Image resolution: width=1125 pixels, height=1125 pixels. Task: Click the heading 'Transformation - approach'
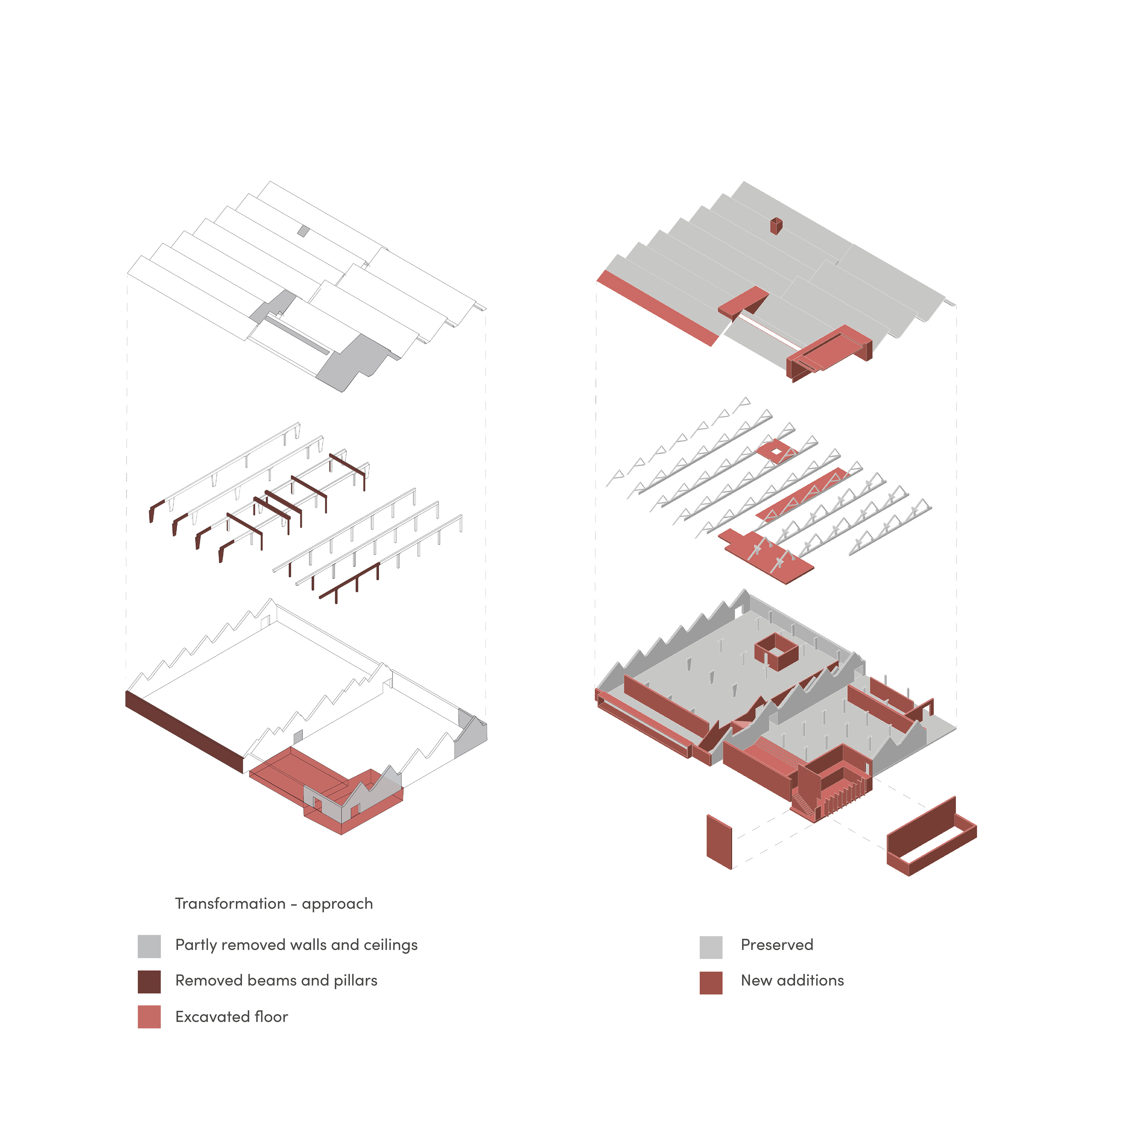pos(274,904)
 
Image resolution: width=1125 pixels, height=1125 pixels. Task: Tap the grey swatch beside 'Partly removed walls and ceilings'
pos(149,946)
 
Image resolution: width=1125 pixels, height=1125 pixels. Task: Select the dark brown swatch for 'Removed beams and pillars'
pos(149,982)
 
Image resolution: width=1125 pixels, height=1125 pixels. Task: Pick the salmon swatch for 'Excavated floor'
pos(149,1017)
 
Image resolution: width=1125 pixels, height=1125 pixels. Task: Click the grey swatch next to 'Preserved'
pos(711,947)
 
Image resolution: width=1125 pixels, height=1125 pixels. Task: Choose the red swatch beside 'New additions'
pos(711,983)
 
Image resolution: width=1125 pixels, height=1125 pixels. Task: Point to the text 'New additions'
pos(792,981)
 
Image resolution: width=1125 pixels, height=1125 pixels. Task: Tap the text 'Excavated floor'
pos(232,1017)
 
